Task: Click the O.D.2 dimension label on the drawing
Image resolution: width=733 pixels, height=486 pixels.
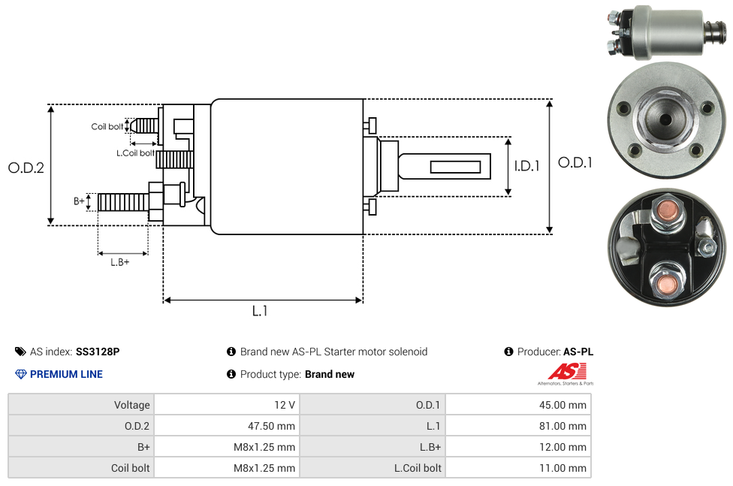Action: (26, 168)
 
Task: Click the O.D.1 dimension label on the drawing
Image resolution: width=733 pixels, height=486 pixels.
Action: (575, 162)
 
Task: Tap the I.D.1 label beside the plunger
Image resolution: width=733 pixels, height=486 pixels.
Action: (526, 166)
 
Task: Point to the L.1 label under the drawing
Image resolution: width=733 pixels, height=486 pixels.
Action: (259, 311)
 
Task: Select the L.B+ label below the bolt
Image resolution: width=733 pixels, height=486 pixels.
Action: (120, 262)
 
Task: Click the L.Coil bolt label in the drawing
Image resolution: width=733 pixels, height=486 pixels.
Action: (135, 153)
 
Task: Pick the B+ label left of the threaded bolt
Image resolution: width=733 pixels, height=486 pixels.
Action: (79, 201)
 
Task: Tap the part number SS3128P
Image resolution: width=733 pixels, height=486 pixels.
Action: (98, 352)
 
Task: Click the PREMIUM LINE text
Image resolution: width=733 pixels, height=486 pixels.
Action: (66, 374)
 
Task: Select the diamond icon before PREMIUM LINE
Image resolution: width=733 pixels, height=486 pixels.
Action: (20, 374)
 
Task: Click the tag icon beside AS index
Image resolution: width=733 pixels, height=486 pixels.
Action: (20, 352)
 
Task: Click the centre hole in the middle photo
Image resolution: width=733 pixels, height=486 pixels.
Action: (665, 119)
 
